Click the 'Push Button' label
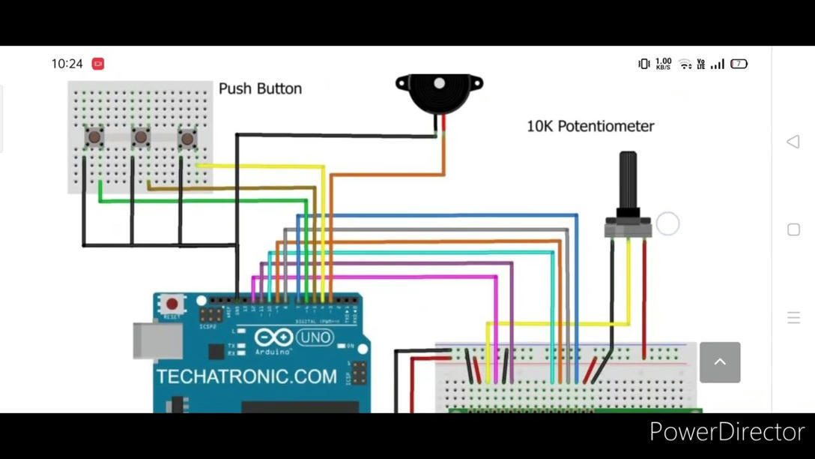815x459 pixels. (x=260, y=88)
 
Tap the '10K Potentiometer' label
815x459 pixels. (x=590, y=126)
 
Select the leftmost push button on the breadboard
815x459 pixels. (x=94, y=137)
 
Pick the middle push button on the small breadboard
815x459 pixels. (x=140, y=137)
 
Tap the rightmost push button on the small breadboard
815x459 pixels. (x=187, y=137)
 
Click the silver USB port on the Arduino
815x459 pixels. (x=157, y=341)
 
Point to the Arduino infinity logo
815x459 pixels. (x=273, y=337)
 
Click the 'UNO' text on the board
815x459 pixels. (x=315, y=337)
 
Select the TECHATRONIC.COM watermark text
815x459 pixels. (x=246, y=376)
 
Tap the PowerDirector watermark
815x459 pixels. (x=726, y=432)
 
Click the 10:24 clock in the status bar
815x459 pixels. (x=67, y=64)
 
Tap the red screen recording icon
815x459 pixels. (x=98, y=64)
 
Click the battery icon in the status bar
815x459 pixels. (x=739, y=64)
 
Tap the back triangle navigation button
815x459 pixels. (x=793, y=142)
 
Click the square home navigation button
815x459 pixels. (x=794, y=229)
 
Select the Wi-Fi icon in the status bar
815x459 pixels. (x=685, y=64)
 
